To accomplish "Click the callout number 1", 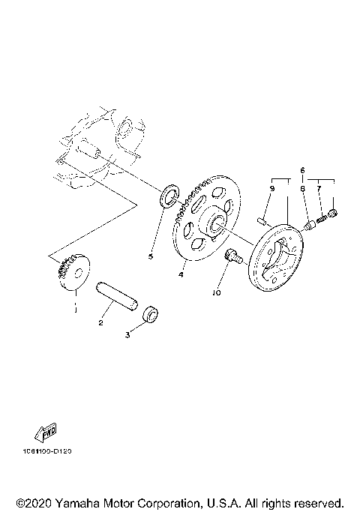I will point(74,307).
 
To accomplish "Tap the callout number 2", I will point(100,323).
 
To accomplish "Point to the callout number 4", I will point(181,275).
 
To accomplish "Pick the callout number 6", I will point(303,170).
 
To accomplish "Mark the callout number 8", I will point(303,190).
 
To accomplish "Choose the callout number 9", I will point(272,190).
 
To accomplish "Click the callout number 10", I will point(216,294).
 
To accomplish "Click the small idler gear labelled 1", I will point(73,273).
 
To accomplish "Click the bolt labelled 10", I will point(232,258).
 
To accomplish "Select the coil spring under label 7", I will point(323,219).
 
